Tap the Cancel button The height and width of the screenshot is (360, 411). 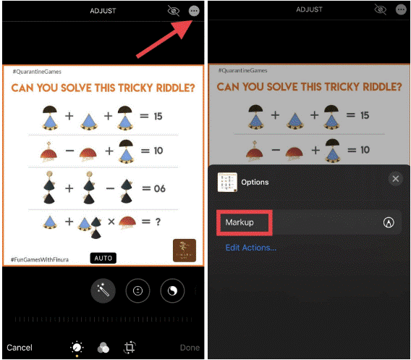[19, 348]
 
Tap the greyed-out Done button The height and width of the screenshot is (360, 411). [190, 348]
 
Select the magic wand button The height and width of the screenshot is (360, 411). [103, 290]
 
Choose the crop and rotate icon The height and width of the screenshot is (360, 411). [130, 348]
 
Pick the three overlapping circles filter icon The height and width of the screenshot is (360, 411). [103, 348]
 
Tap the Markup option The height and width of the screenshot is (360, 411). [240, 222]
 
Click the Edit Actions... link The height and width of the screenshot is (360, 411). [250, 248]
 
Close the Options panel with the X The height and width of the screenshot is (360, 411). [395, 179]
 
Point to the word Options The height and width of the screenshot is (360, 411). [255, 182]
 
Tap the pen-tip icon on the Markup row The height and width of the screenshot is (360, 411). [389, 223]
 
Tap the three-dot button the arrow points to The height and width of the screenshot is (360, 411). [193, 10]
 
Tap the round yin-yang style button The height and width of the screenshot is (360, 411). [171, 290]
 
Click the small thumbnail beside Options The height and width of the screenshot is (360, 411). [228, 182]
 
